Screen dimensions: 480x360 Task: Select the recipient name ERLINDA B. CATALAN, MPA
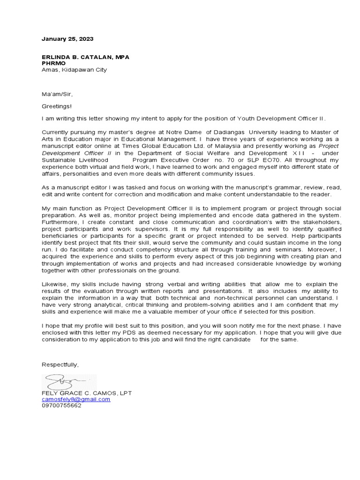tap(85, 57)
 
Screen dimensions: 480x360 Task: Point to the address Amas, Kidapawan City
tap(74, 70)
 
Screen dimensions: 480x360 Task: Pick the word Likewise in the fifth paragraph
tap(54, 285)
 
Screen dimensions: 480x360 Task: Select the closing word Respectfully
tap(60, 365)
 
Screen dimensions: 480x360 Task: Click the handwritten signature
tap(63, 381)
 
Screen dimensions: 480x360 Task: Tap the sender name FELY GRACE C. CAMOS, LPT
tap(87, 393)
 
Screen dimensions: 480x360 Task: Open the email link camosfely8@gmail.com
tap(76, 399)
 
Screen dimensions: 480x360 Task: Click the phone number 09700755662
tap(61, 406)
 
